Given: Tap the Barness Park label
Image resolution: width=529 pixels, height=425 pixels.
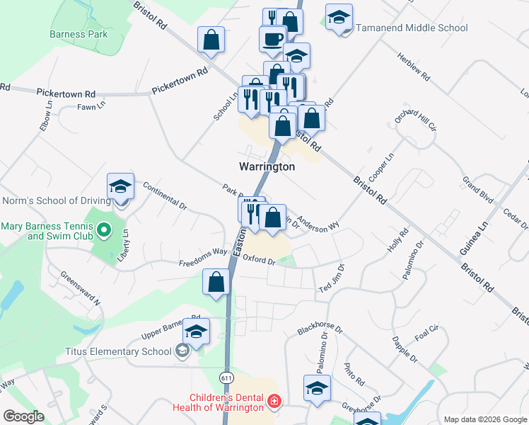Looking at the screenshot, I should (x=78, y=33).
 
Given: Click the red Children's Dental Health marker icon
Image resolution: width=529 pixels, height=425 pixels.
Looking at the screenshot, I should (x=274, y=402).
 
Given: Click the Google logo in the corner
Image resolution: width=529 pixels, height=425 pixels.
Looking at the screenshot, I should (x=23, y=416).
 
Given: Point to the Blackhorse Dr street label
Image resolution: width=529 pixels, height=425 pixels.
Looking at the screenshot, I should (x=320, y=329).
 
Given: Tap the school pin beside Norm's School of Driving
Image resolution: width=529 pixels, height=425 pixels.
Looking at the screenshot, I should (x=121, y=188).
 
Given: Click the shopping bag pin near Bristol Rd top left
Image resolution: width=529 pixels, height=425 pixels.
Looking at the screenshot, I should (x=211, y=41).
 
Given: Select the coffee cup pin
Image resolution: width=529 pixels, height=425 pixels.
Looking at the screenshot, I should (x=272, y=39).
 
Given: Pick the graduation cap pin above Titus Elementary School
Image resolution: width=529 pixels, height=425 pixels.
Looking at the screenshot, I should (x=197, y=331).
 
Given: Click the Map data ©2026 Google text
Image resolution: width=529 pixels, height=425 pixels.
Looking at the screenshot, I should (x=485, y=419).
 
